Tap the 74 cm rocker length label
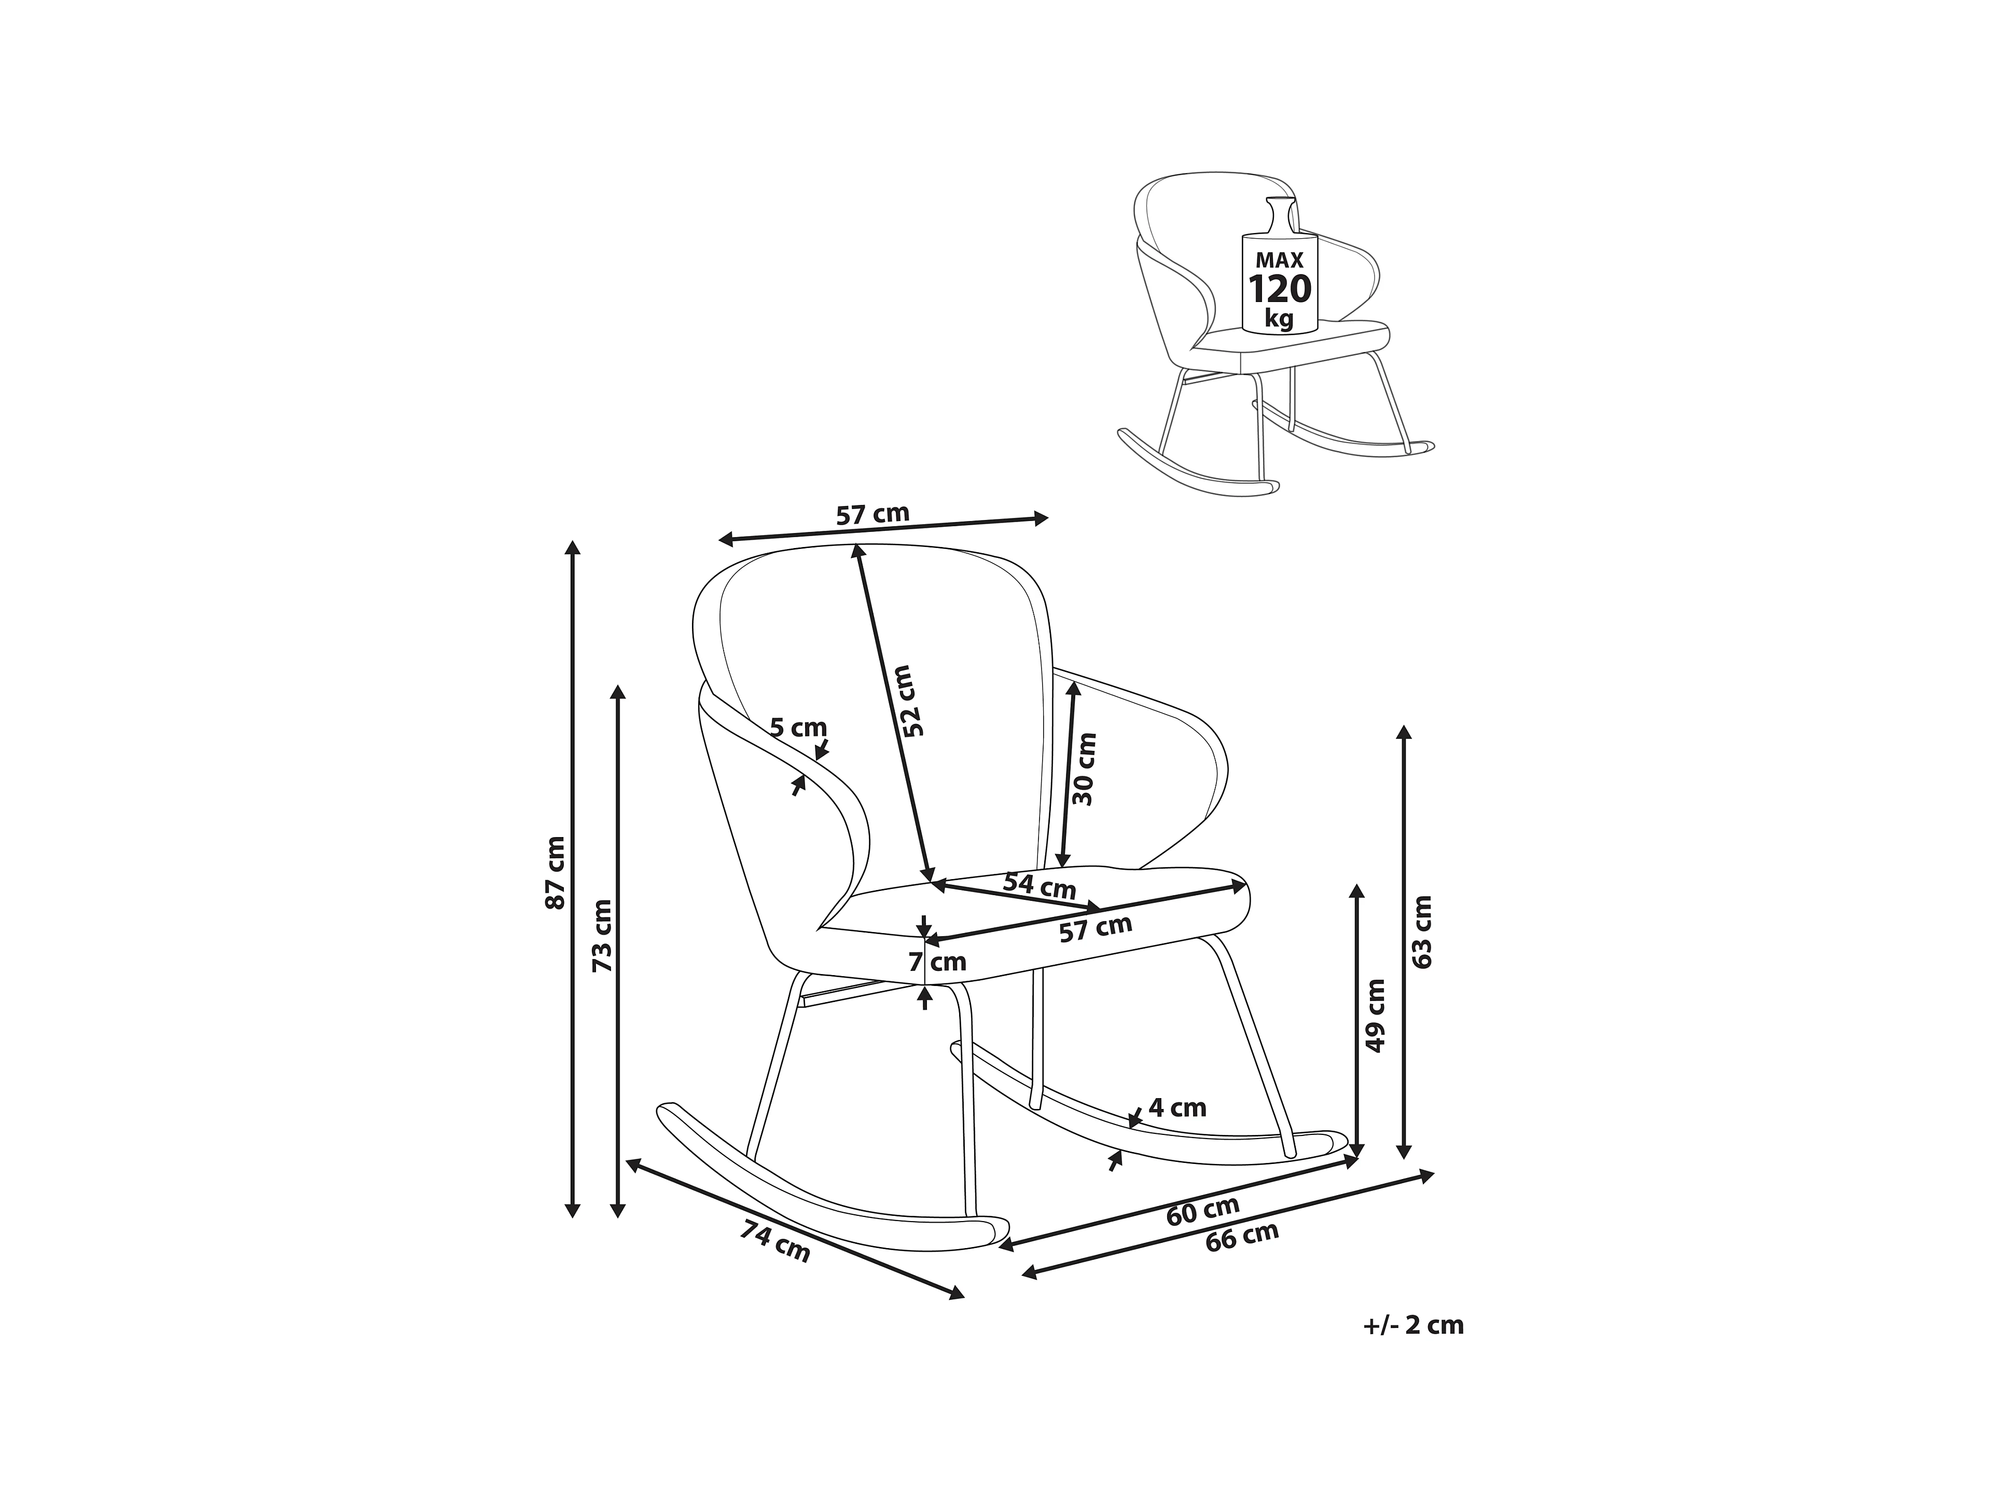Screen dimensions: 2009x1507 (x=775, y=1242)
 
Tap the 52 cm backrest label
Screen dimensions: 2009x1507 (x=909, y=701)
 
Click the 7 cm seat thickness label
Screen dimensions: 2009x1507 (x=937, y=961)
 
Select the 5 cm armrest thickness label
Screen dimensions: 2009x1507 (x=798, y=728)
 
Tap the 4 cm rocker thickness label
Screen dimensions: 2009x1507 (x=1178, y=1107)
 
